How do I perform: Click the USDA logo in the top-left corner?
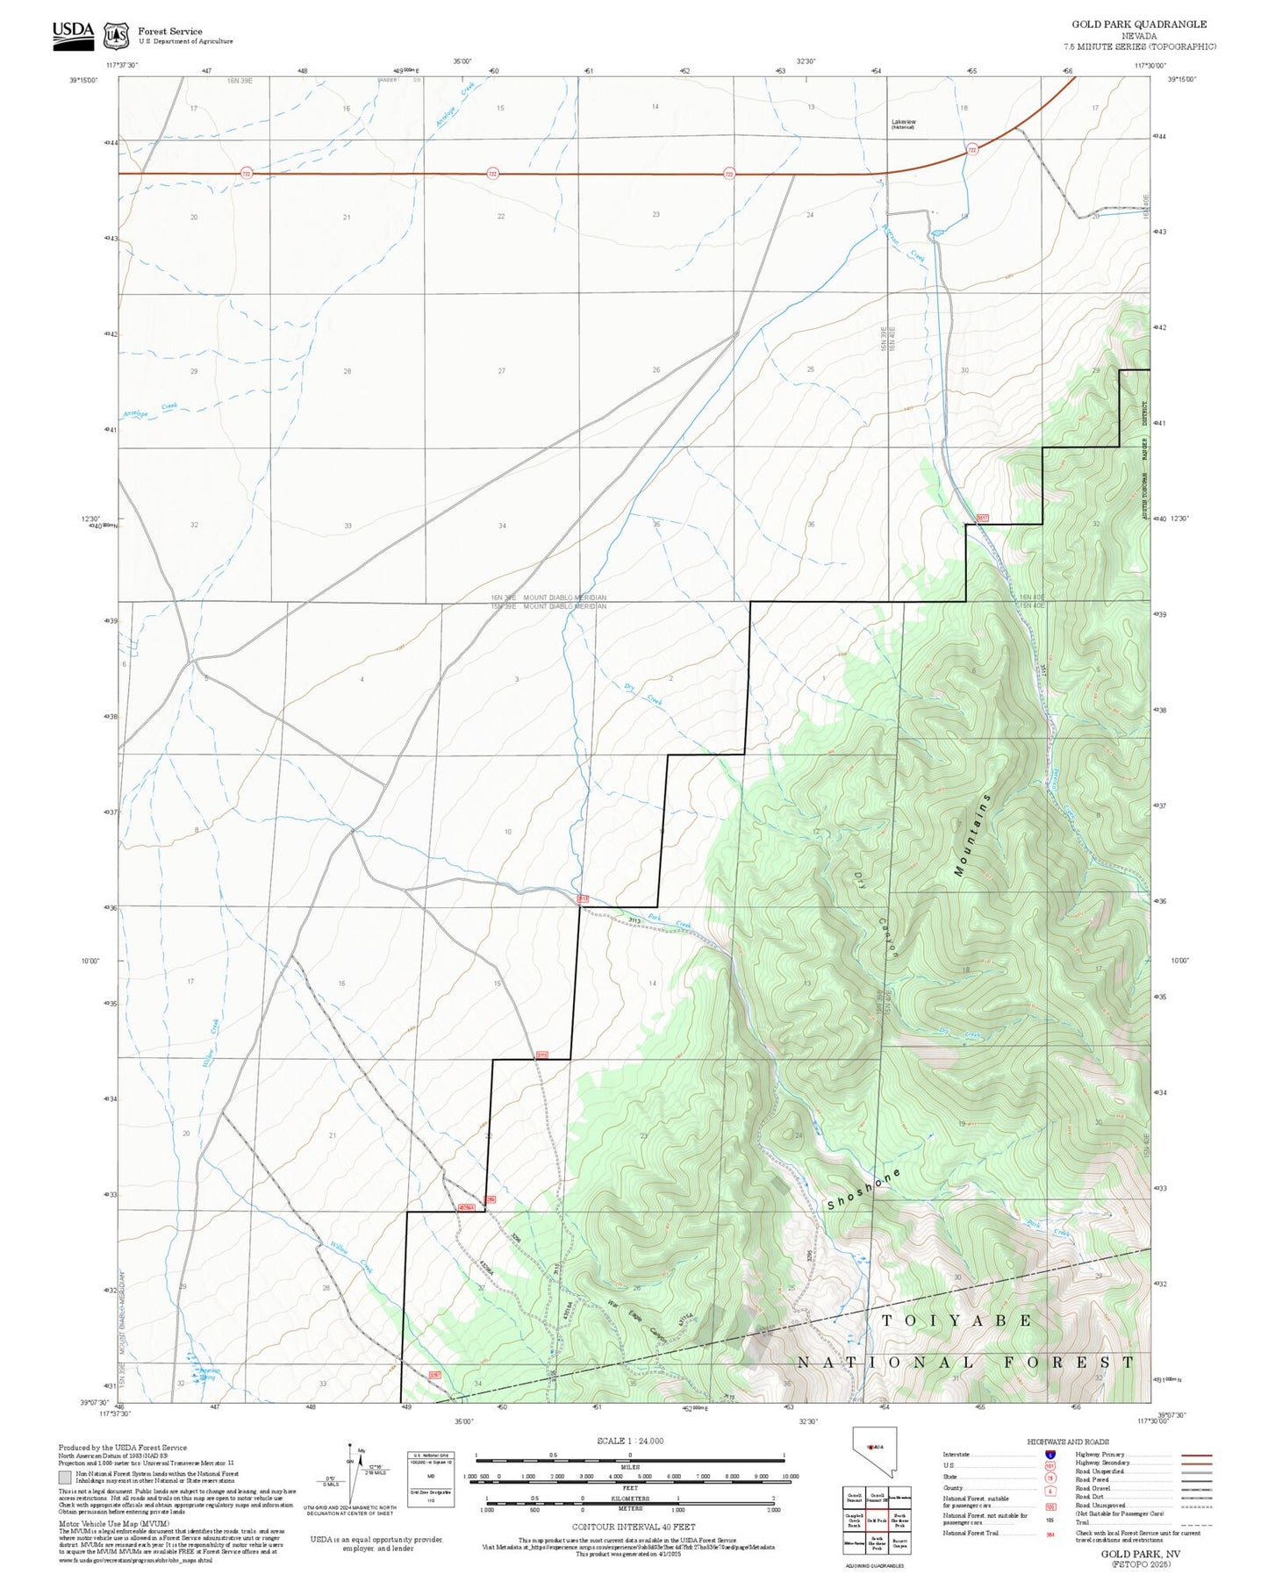pyautogui.click(x=73, y=33)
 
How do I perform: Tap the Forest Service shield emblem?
pyautogui.click(x=116, y=36)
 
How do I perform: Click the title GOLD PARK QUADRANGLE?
pyautogui.click(x=1139, y=25)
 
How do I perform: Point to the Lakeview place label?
pyautogui.click(x=903, y=123)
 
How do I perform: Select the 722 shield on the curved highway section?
pyautogui.click(x=971, y=150)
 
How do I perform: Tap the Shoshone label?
pyautogui.click(x=864, y=1190)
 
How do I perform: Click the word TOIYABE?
pyautogui.click(x=956, y=1320)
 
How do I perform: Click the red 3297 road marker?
pyautogui.click(x=433, y=1375)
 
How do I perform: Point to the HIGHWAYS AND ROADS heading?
pyautogui.click(x=1067, y=1442)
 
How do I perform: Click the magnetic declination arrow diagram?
pyautogui.click(x=352, y=1476)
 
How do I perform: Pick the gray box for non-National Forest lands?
pyautogui.click(x=65, y=1477)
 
